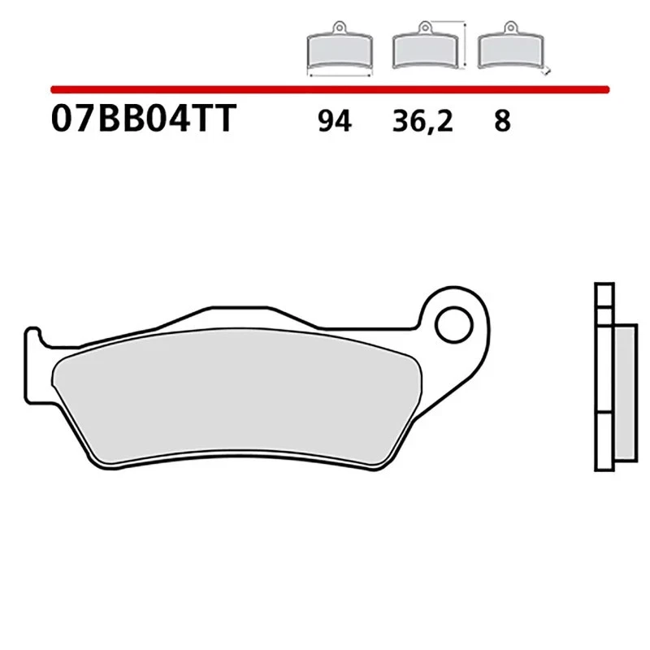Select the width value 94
click(x=334, y=122)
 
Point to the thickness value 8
click(x=502, y=122)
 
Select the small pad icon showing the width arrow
click(x=338, y=51)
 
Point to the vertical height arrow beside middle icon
click(x=463, y=46)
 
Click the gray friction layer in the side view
click(x=622, y=391)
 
